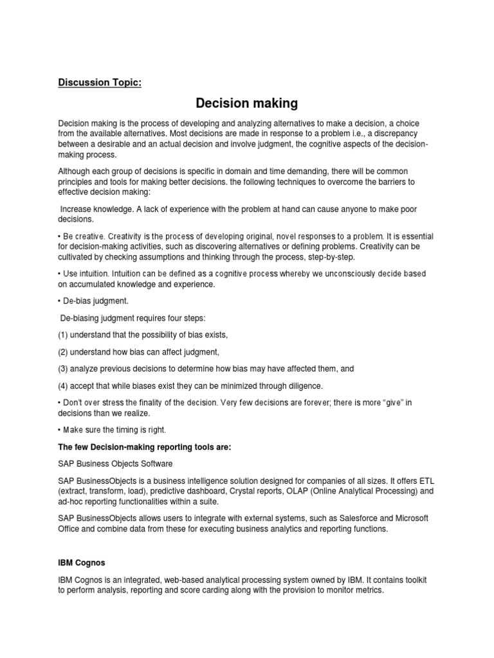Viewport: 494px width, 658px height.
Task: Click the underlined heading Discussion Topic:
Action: pyautogui.click(x=99, y=82)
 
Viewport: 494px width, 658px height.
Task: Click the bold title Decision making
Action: pyautogui.click(x=247, y=103)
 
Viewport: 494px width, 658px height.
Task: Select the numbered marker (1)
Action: pyautogui.click(x=64, y=335)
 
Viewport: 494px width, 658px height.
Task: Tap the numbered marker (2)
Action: pyautogui.click(x=64, y=351)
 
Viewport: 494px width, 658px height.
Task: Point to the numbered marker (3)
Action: pyautogui.click(x=64, y=368)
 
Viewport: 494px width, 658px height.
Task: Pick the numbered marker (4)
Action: pyautogui.click(x=64, y=386)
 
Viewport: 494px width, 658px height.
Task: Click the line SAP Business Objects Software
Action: pyautogui.click(x=116, y=463)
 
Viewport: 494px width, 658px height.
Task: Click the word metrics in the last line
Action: pyautogui.click(x=368, y=590)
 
